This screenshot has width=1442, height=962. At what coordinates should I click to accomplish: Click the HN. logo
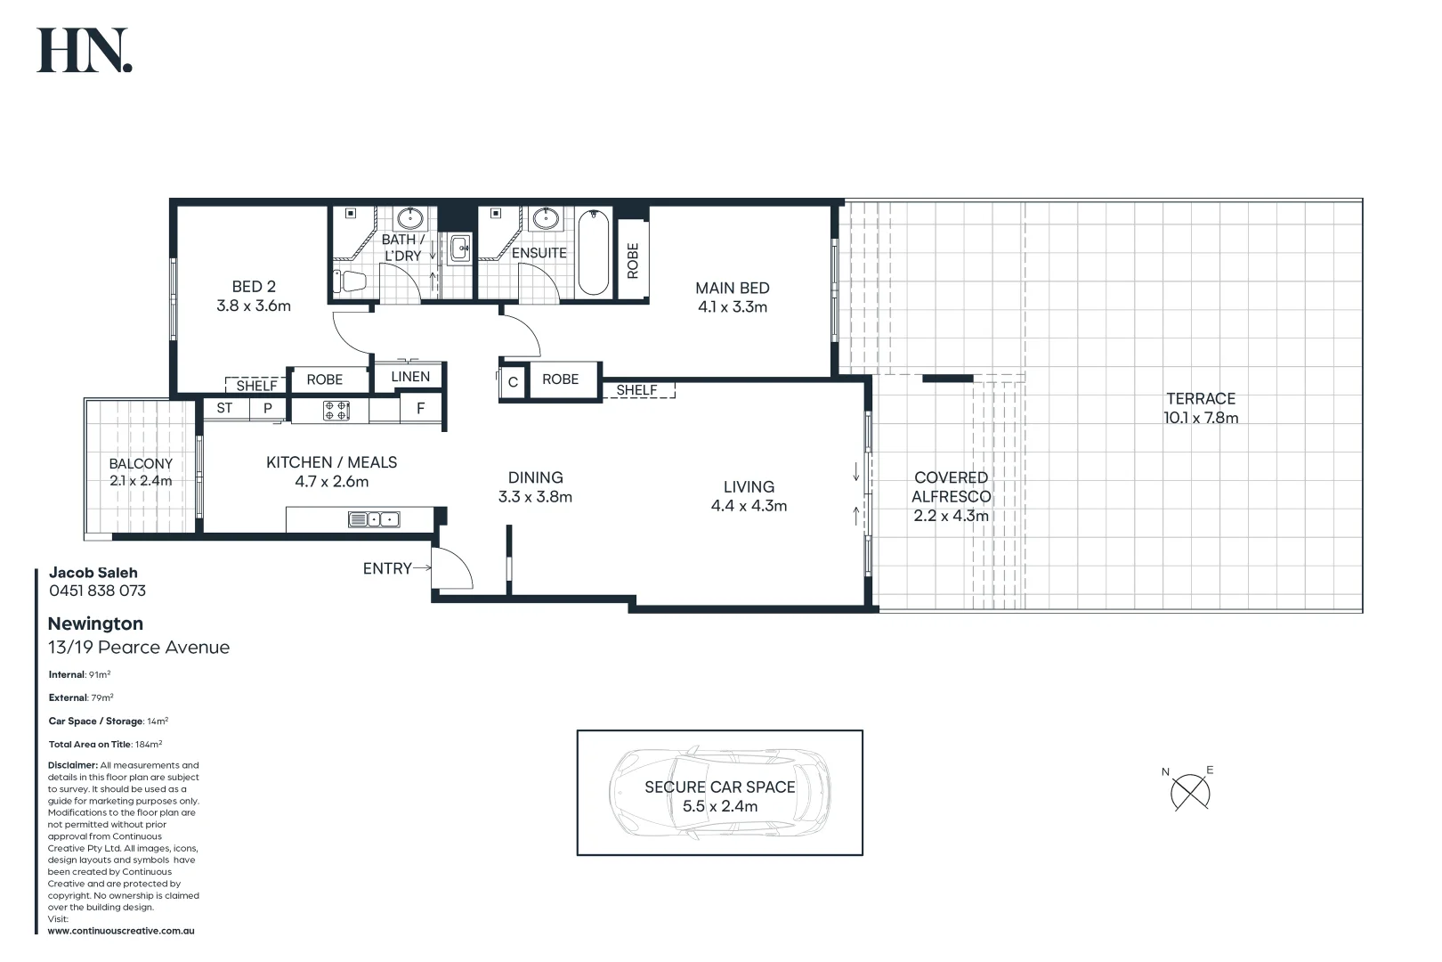point(85,51)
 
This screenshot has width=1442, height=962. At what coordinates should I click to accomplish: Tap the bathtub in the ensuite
point(594,253)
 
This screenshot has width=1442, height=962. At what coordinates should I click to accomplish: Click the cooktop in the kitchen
point(336,411)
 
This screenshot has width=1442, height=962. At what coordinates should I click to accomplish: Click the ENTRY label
point(387,568)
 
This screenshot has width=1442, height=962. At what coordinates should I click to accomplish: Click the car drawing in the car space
point(719,792)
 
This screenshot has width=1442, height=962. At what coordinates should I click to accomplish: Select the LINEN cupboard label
point(410,377)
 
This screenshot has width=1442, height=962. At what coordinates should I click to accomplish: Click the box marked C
point(513,383)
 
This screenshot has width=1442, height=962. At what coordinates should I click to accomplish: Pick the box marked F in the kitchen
point(421,409)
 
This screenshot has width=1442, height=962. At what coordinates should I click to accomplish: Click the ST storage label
point(224,408)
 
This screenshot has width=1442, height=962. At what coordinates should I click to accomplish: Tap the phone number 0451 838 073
point(97,591)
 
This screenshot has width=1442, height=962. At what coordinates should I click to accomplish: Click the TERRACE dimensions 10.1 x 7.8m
point(1201,418)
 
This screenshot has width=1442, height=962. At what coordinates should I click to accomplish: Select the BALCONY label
point(141,463)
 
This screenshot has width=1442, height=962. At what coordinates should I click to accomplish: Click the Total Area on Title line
point(105,744)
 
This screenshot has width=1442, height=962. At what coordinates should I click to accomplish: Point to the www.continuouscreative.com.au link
point(121,931)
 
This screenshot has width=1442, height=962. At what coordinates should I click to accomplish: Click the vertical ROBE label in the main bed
point(633,261)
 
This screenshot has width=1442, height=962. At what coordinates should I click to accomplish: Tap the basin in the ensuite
point(543,218)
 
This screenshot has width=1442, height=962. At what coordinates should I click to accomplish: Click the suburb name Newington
point(95,624)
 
